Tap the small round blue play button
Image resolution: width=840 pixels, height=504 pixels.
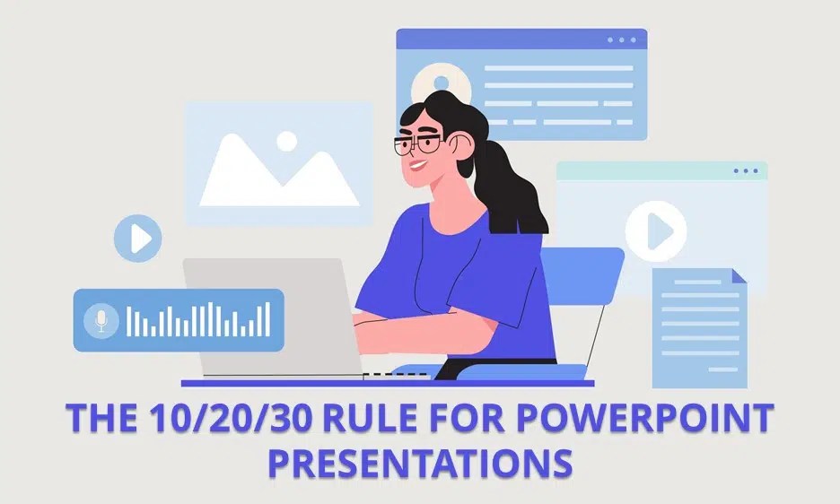tap(138, 238)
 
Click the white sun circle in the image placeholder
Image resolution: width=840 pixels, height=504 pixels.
tap(286, 141)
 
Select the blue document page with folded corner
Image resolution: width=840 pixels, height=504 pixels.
tap(699, 328)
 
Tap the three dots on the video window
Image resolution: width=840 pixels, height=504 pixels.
tap(745, 171)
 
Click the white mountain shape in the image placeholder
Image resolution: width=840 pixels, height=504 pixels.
tap(269, 175)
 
